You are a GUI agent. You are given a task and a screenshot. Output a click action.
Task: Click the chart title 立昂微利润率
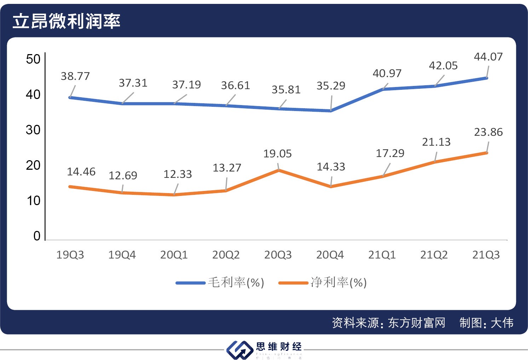pos(66,21)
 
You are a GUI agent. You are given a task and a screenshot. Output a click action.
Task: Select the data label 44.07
pos(488,57)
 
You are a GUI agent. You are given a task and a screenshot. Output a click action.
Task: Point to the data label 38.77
pos(75,76)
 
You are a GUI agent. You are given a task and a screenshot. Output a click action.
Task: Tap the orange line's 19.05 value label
pos(277,153)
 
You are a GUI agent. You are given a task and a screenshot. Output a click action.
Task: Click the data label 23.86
pos(488,132)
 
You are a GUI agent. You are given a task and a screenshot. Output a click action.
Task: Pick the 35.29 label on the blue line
pos(331,86)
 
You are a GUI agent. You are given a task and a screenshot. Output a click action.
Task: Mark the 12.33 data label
pos(177,174)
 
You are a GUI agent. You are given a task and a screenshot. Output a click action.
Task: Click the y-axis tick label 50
pos(33,59)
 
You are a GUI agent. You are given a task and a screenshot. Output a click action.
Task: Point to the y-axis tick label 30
pos(33,130)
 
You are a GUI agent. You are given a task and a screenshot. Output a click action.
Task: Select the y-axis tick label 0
pos(37,236)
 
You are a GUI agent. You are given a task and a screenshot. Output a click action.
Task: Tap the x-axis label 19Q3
pos(70,255)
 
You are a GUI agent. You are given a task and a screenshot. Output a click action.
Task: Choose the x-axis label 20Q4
pos(330,255)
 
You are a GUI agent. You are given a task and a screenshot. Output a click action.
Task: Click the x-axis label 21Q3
pos(486,255)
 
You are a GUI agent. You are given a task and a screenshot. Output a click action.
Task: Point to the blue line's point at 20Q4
pos(331,111)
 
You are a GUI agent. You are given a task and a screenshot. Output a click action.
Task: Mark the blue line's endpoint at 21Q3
pos(487,78)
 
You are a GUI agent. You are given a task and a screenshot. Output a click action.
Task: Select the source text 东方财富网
pos(417,323)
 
